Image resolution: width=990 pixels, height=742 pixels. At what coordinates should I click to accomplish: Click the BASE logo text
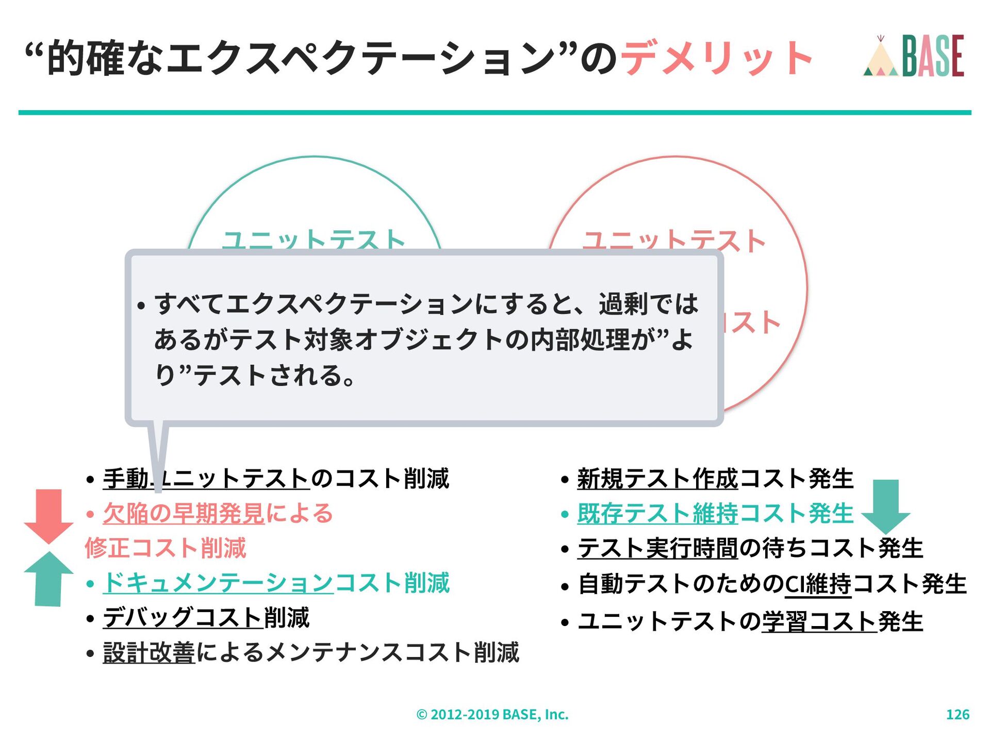(x=933, y=56)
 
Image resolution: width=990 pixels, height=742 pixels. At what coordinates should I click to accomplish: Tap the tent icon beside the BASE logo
(x=881, y=58)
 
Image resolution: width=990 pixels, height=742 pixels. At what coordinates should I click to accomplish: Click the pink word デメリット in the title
(x=716, y=58)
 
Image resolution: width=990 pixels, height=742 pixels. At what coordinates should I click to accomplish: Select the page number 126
(x=958, y=714)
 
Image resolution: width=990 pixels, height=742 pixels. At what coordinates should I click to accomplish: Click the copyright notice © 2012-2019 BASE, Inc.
(x=492, y=714)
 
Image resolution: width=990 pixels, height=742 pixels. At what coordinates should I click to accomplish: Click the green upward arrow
(x=49, y=578)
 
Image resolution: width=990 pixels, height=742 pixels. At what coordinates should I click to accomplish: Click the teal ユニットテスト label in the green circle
(x=313, y=240)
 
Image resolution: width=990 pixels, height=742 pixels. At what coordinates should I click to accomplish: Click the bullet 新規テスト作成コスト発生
(x=715, y=479)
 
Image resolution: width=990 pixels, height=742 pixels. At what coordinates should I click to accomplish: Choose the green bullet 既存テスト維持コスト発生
(x=715, y=513)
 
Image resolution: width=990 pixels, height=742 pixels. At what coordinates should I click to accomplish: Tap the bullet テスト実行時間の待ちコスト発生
(x=750, y=548)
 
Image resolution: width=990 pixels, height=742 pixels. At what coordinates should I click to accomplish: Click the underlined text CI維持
(x=818, y=584)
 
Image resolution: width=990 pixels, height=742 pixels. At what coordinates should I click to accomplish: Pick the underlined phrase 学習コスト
(x=819, y=621)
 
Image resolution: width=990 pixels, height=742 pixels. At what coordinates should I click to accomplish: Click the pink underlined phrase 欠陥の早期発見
(x=184, y=513)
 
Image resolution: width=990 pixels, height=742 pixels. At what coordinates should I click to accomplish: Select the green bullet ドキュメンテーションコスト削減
(x=276, y=583)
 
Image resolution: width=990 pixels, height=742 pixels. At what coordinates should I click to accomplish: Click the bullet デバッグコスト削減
(x=206, y=617)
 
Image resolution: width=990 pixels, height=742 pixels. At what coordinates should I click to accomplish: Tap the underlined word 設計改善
(x=149, y=652)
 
